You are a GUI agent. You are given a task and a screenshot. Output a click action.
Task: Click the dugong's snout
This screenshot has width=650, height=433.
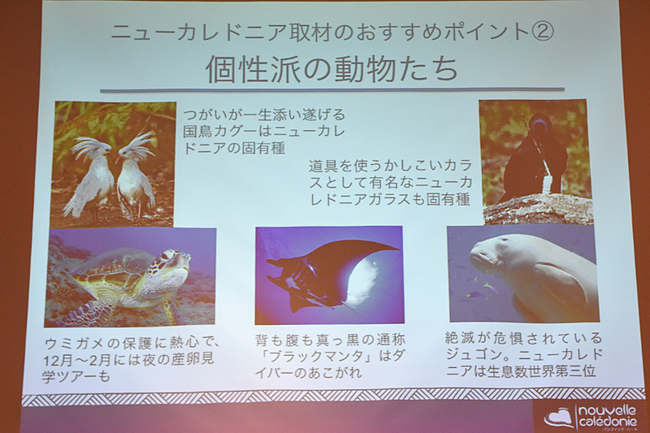pyautogui.click(x=485, y=259)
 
